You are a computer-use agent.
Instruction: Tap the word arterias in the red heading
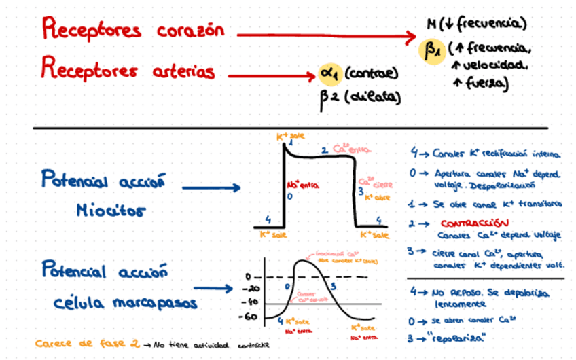coord(181,71)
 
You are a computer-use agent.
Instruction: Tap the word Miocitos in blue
coord(111,211)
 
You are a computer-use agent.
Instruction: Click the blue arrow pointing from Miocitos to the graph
coord(211,188)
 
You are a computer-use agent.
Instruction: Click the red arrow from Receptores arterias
coord(270,74)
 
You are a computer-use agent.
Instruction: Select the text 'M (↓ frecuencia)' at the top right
coord(476,24)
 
